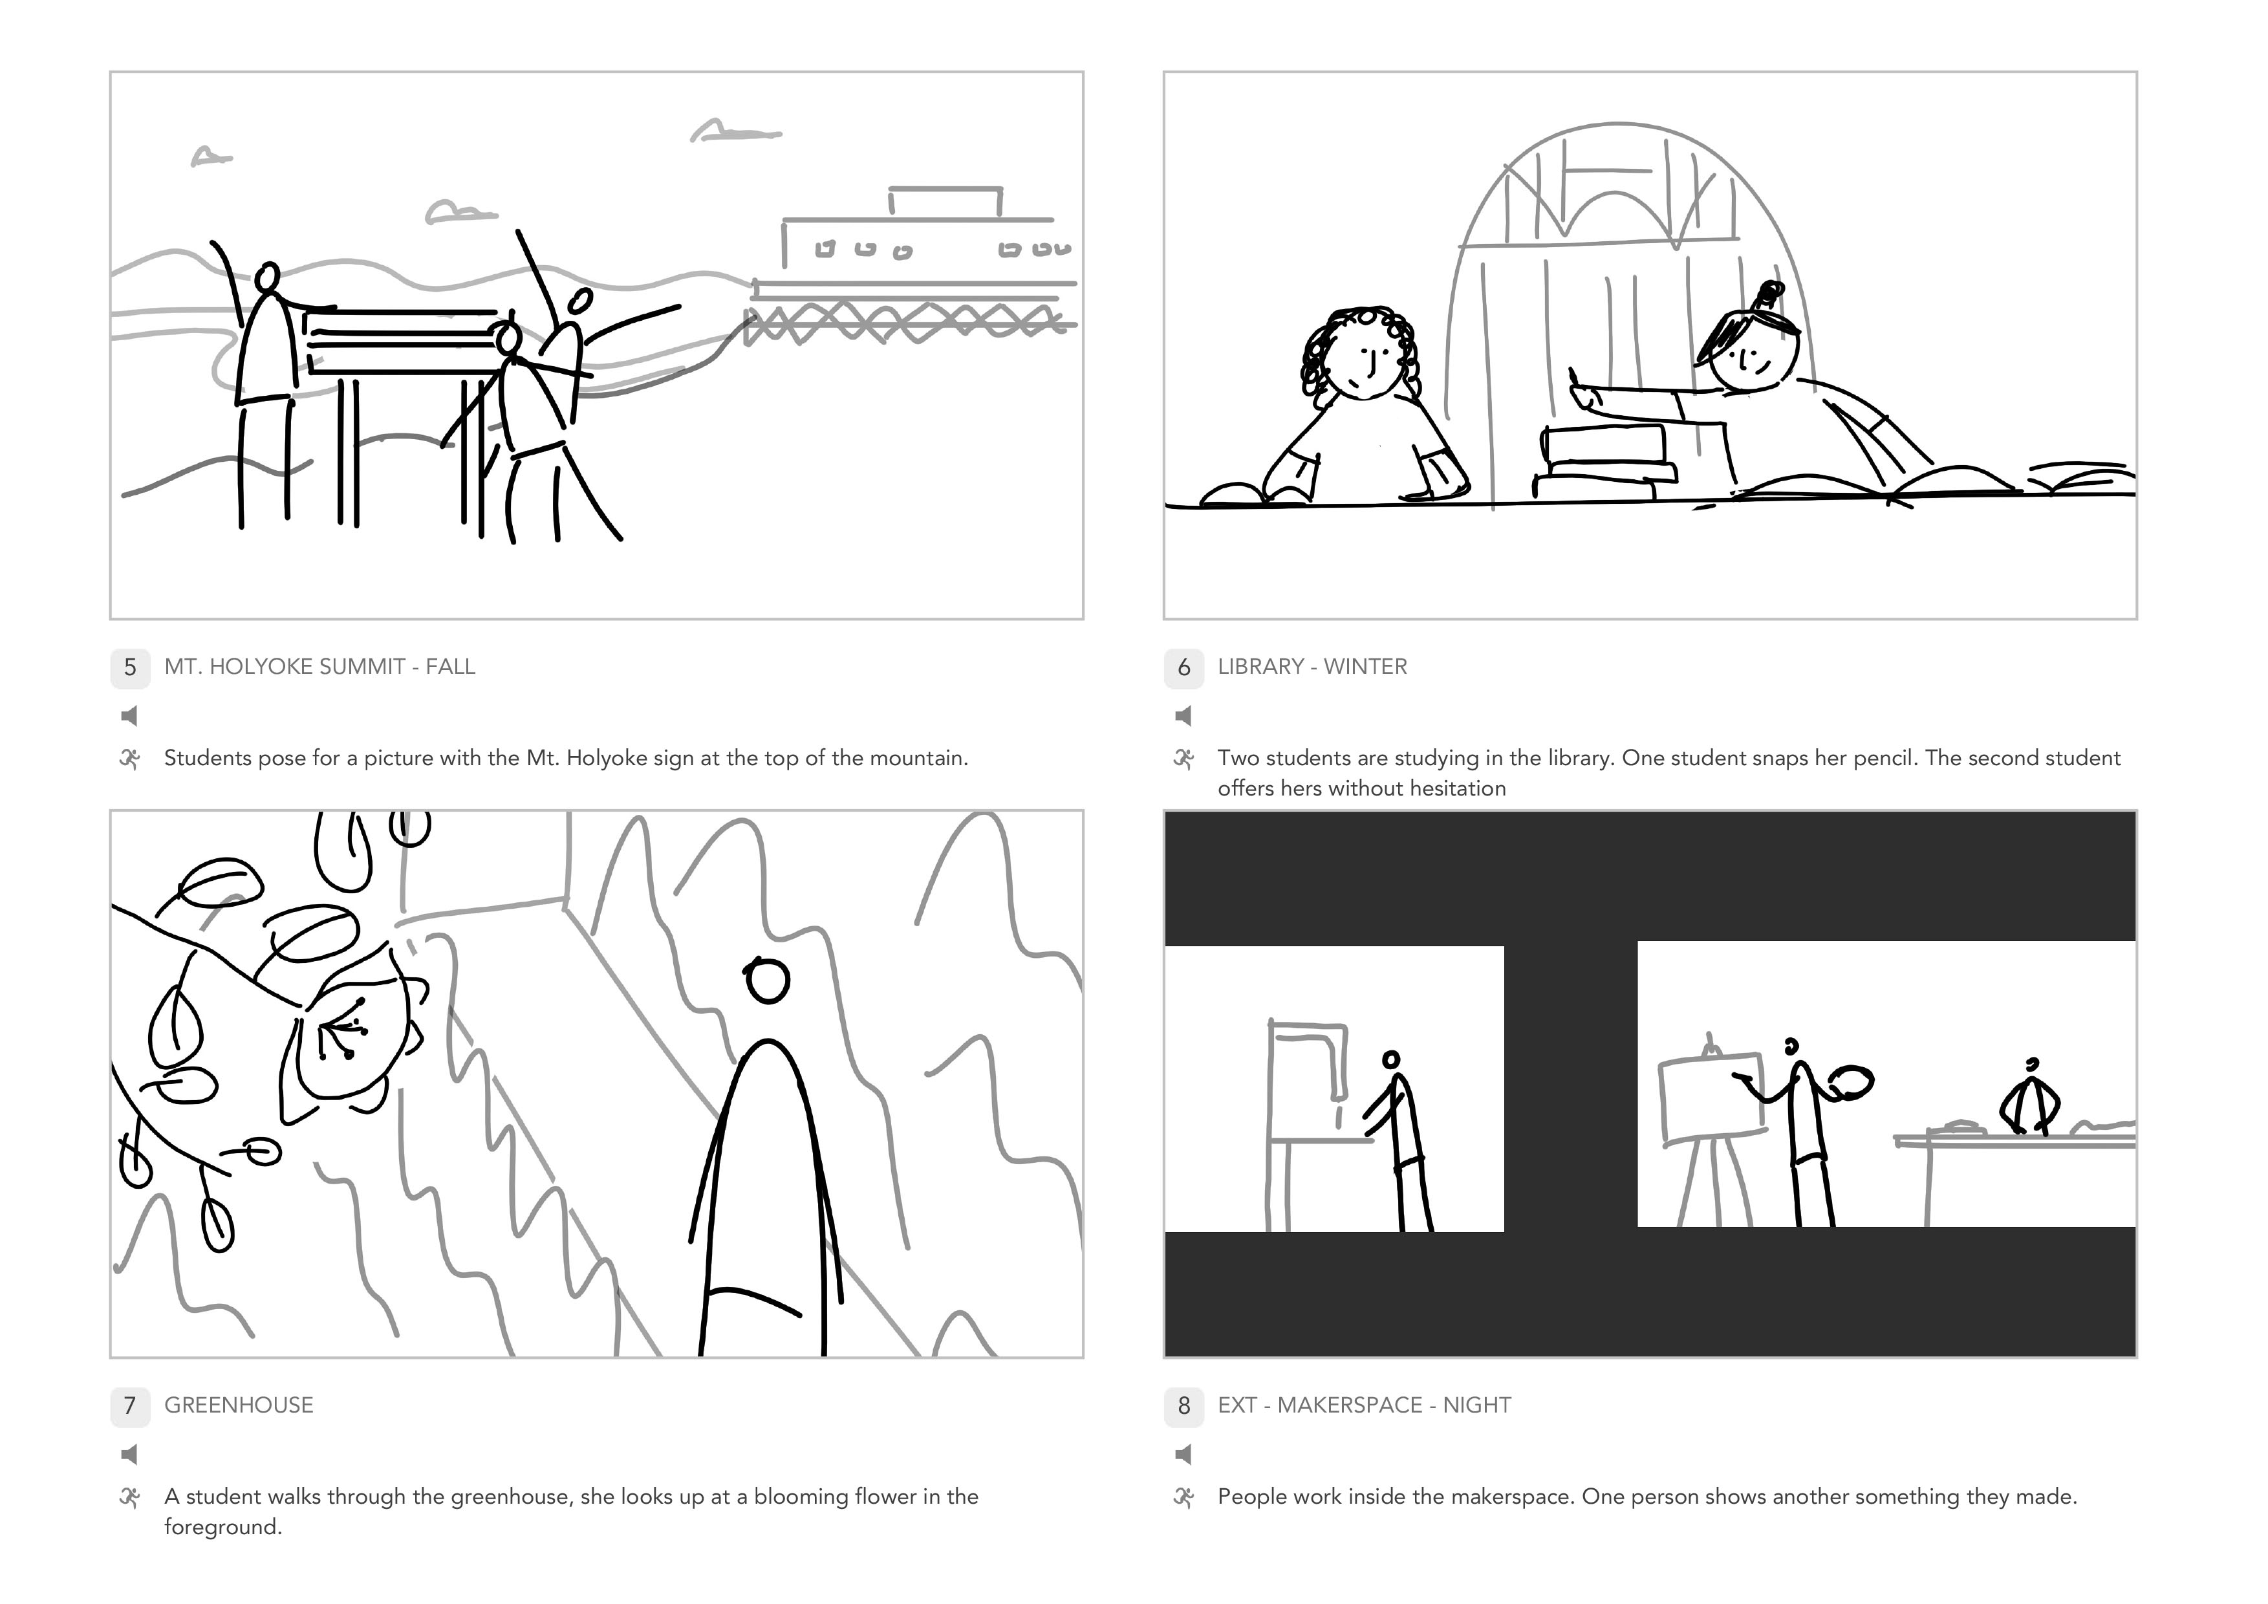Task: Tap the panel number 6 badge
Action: [1183, 667]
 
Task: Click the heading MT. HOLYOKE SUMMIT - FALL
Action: [319, 667]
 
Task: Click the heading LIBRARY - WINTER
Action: [1312, 667]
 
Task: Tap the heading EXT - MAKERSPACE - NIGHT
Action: [1364, 1405]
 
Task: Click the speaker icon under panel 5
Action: [129, 715]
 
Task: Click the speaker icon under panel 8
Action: [1182, 1454]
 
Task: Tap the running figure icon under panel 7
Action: [129, 1497]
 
